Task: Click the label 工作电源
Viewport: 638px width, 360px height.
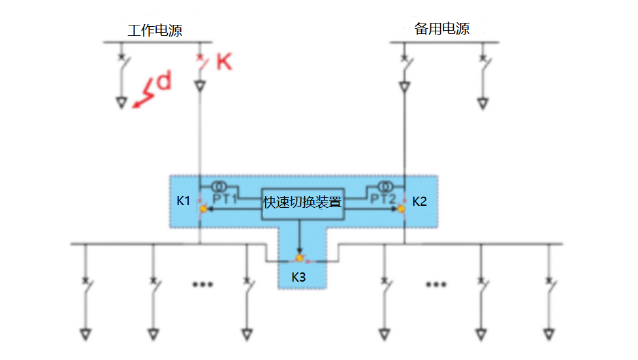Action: coord(155,30)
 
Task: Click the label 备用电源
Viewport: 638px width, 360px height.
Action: coord(442,29)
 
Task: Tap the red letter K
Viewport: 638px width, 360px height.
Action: coord(223,62)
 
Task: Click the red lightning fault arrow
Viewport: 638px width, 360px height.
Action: coord(144,93)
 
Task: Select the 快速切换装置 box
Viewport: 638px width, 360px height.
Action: coord(302,201)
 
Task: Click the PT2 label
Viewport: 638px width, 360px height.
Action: coord(383,197)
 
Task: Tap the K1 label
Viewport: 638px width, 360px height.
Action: coord(183,201)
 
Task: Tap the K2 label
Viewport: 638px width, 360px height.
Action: coord(419,201)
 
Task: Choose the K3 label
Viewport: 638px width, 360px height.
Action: coord(298,277)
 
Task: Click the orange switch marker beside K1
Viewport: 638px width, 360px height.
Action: coord(203,208)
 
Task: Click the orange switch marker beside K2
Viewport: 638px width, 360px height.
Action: coord(402,208)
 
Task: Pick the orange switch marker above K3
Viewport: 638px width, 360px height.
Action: coord(300,259)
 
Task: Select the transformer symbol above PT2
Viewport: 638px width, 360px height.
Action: coord(389,186)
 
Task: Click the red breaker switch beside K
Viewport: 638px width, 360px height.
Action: coord(202,63)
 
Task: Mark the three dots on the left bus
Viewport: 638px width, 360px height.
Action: coord(202,284)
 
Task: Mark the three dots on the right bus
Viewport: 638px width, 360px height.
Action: coord(436,284)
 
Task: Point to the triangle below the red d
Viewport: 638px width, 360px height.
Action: coord(121,102)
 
